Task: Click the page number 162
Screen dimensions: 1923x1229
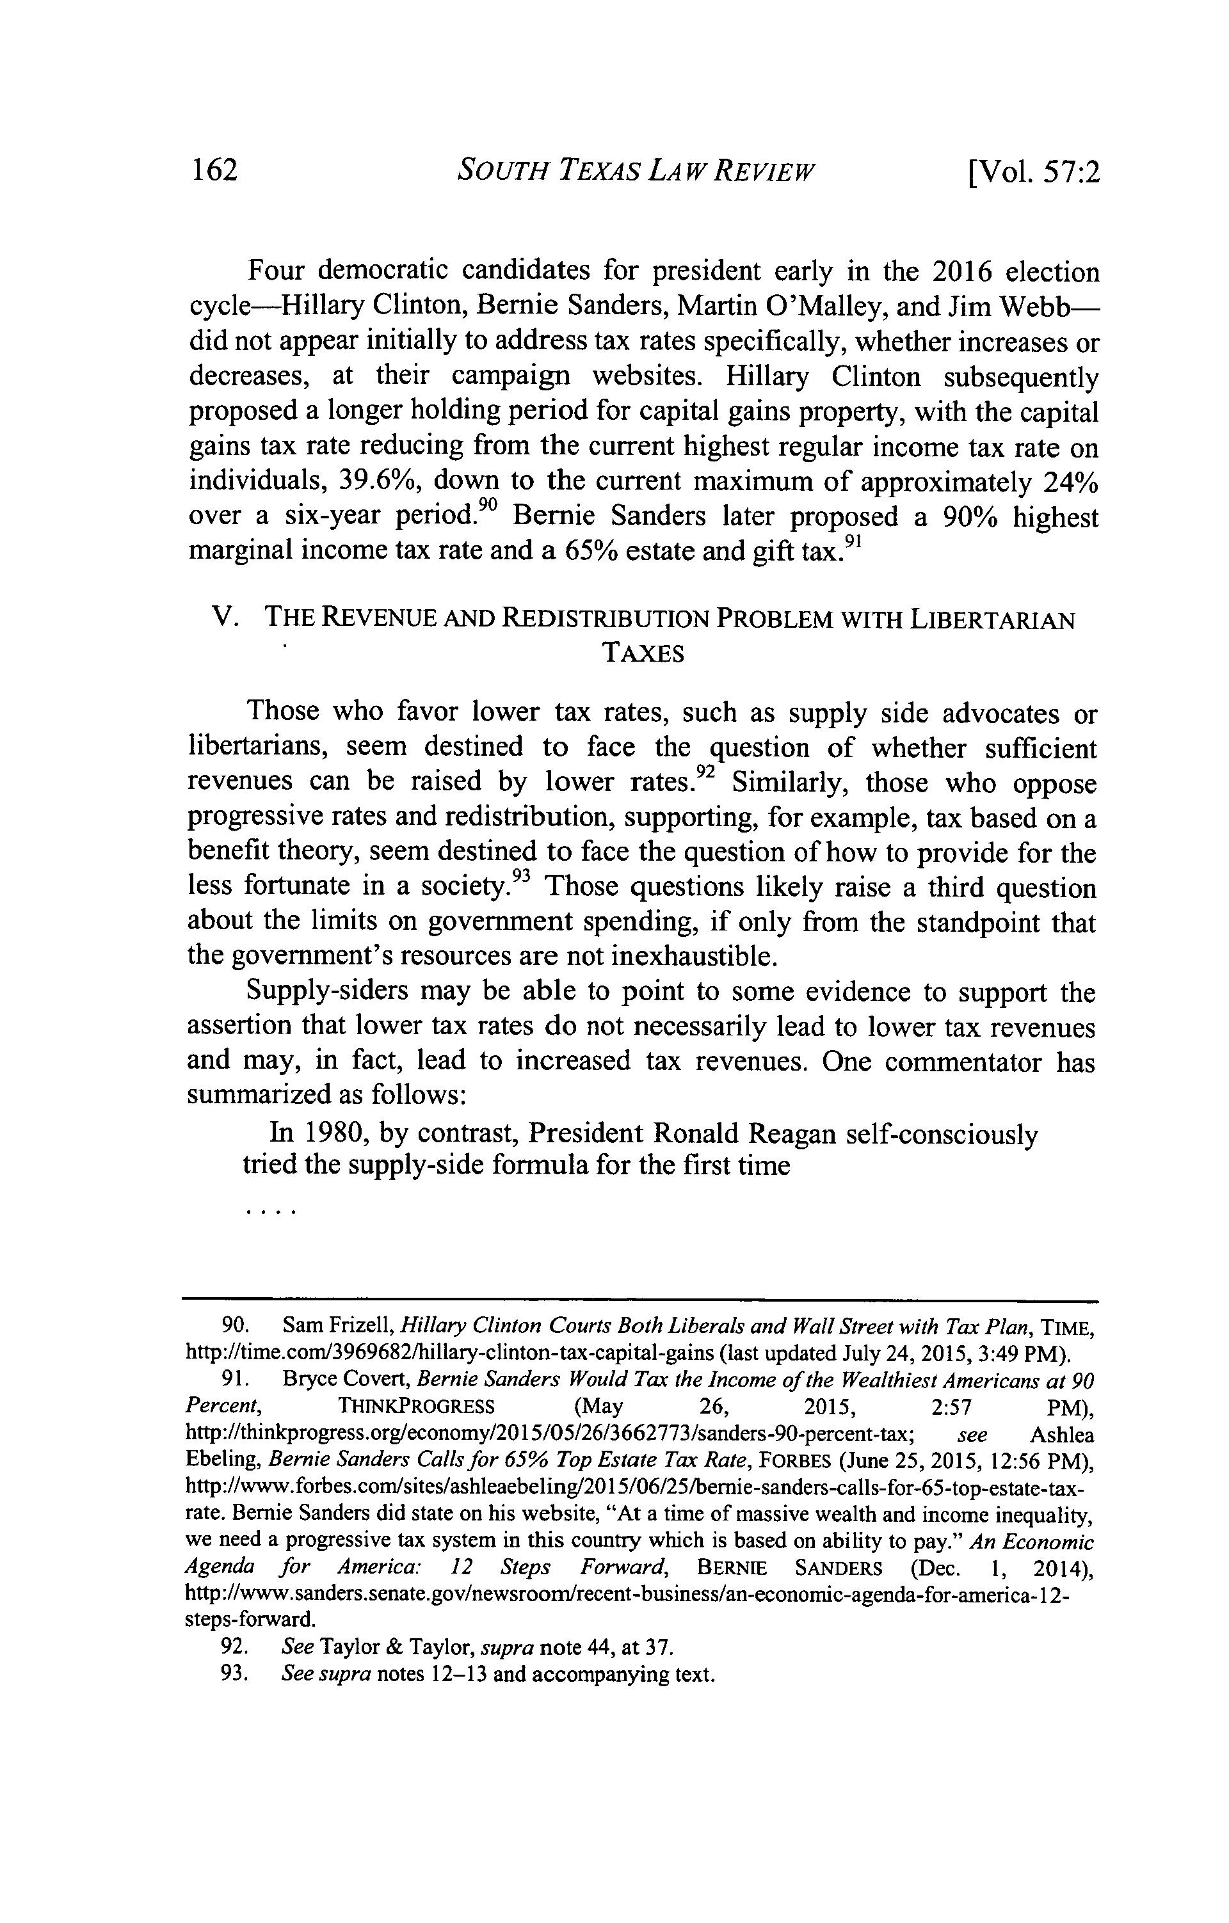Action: tap(214, 171)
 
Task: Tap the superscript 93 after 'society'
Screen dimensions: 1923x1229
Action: tap(520, 877)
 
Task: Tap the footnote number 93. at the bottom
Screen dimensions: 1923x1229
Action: tap(236, 1674)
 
